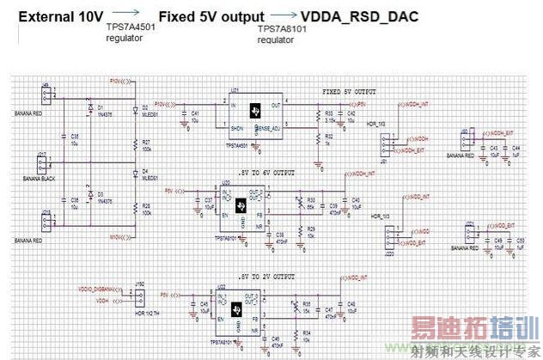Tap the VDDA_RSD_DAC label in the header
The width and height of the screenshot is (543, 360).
point(360,16)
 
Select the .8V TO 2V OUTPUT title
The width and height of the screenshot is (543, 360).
point(268,276)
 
